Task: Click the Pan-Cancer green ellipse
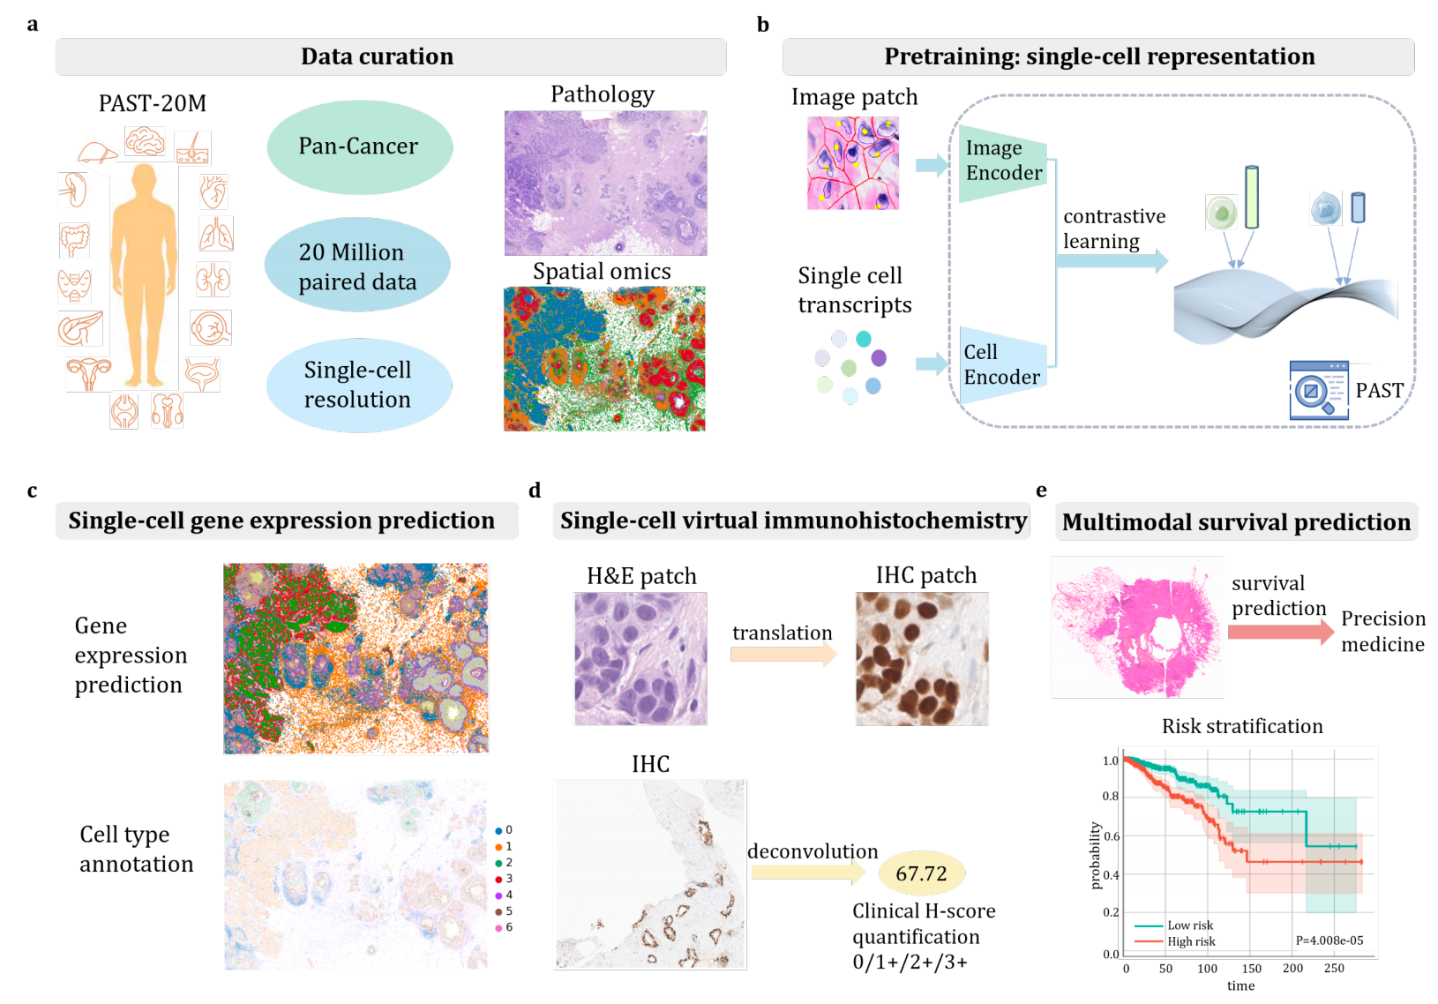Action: point(359,146)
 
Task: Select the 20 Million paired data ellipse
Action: point(357,266)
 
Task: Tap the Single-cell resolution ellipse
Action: point(358,385)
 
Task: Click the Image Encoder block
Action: point(1003,161)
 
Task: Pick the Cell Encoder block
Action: point(1002,364)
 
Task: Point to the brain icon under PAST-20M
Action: point(146,141)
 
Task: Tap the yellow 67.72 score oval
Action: point(921,873)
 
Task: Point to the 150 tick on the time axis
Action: point(1251,969)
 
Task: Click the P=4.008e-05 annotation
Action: point(1329,940)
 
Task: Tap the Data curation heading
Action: point(378,56)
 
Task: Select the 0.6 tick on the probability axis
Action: point(1111,835)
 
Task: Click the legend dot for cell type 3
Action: point(498,879)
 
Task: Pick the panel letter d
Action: point(535,491)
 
